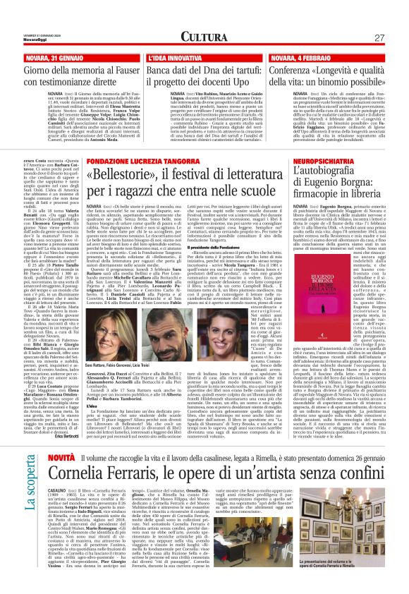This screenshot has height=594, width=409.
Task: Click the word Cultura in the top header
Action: coord(204,37)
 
